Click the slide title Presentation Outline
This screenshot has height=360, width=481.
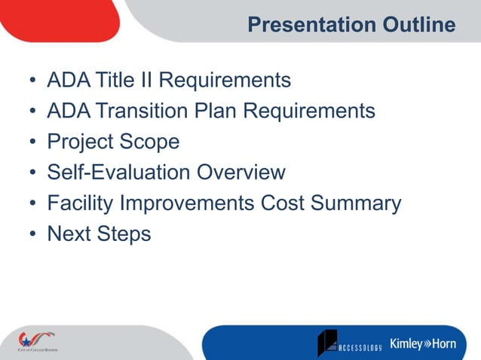[x=351, y=25]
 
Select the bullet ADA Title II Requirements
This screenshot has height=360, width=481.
[x=168, y=80]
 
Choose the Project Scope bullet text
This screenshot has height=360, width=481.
[x=113, y=142]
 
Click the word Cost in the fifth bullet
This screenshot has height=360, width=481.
[x=283, y=203]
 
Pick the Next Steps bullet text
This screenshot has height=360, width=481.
[x=99, y=234]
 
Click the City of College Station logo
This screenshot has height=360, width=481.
[x=37, y=341]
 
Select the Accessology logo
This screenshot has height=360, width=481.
[x=349, y=343]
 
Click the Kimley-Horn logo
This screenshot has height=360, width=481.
[x=423, y=344]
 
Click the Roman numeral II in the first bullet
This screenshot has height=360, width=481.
[x=149, y=80]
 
